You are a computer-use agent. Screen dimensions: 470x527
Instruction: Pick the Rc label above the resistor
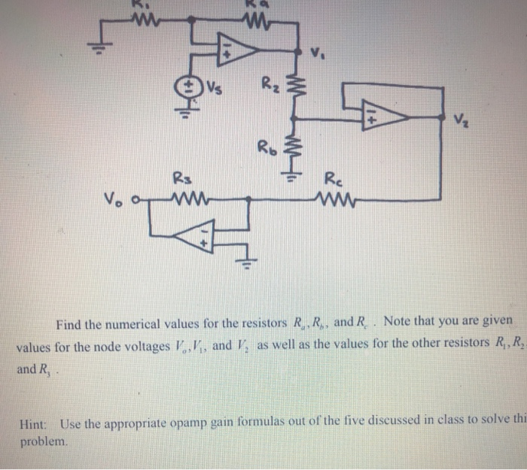tap(334, 179)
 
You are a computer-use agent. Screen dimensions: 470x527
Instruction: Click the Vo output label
tap(114, 200)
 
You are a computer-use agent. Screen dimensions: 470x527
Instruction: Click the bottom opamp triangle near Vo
tap(194, 239)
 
